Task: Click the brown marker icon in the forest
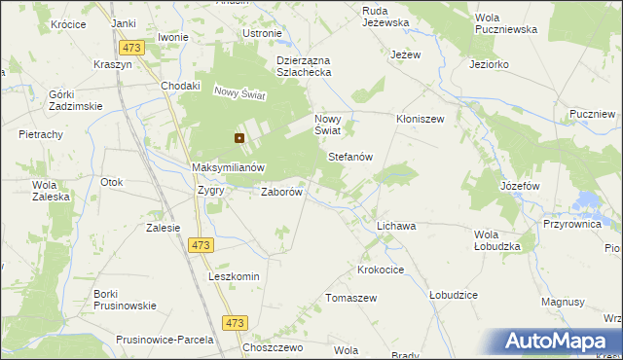coord(238,139)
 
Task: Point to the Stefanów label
coord(350,157)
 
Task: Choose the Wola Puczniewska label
coord(505,23)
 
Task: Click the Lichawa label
coord(396,226)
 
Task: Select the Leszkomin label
coord(234,276)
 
